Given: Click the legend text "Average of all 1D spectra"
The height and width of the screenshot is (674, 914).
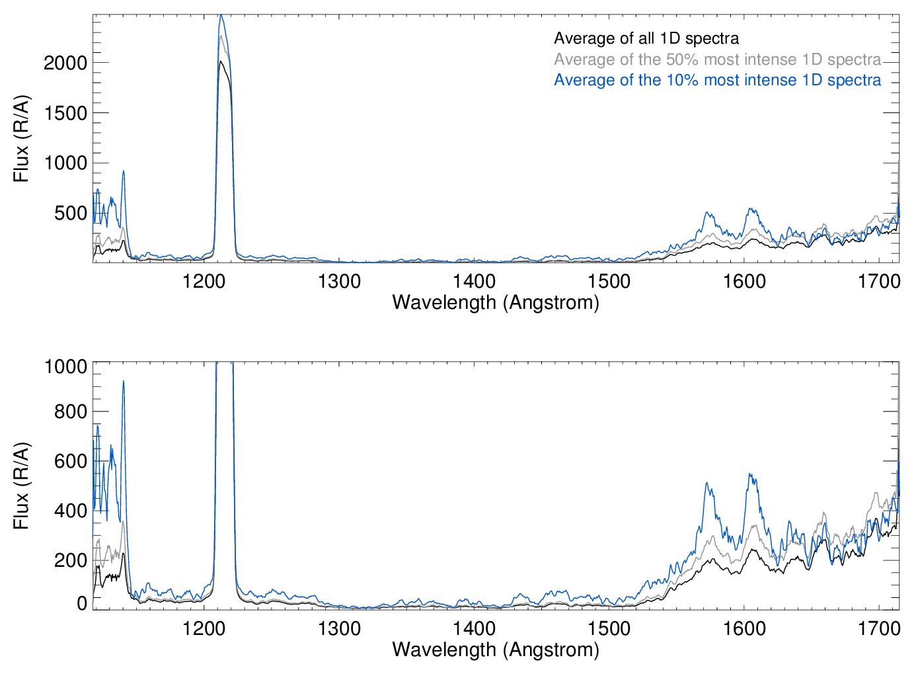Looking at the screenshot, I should pyautogui.click(x=646, y=38).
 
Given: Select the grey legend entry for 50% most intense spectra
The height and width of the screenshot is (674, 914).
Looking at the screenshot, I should pyautogui.click(x=717, y=60).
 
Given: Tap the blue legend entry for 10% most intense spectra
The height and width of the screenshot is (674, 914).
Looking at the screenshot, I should pyautogui.click(x=717, y=80).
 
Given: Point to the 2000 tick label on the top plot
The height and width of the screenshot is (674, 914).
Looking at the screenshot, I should pyautogui.click(x=65, y=63).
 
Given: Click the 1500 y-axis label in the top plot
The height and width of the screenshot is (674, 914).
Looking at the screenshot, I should pyautogui.click(x=65, y=113).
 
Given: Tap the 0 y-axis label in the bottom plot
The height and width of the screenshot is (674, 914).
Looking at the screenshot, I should pyautogui.click(x=82, y=603).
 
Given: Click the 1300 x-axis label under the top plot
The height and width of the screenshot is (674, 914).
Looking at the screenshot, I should pyautogui.click(x=339, y=282).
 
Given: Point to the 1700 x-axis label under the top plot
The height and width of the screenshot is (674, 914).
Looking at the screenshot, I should pyautogui.click(x=879, y=282).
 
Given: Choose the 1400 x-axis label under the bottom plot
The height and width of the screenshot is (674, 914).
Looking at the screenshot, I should pyautogui.click(x=474, y=628).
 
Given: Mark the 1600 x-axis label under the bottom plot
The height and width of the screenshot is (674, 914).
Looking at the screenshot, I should pyautogui.click(x=744, y=628).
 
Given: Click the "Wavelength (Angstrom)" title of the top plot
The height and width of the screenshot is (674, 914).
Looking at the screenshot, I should pyautogui.click(x=496, y=303).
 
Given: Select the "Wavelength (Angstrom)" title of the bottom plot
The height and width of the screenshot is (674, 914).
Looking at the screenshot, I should pyautogui.click(x=496, y=650).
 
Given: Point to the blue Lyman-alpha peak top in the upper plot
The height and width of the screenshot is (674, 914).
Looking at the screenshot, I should pyautogui.click(x=221, y=15).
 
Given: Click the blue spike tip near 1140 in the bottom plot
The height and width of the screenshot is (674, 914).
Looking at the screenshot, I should pyautogui.click(x=124, y=381).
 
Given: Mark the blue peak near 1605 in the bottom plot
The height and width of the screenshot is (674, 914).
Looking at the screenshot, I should pyautogui.click(x=749, y=474).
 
